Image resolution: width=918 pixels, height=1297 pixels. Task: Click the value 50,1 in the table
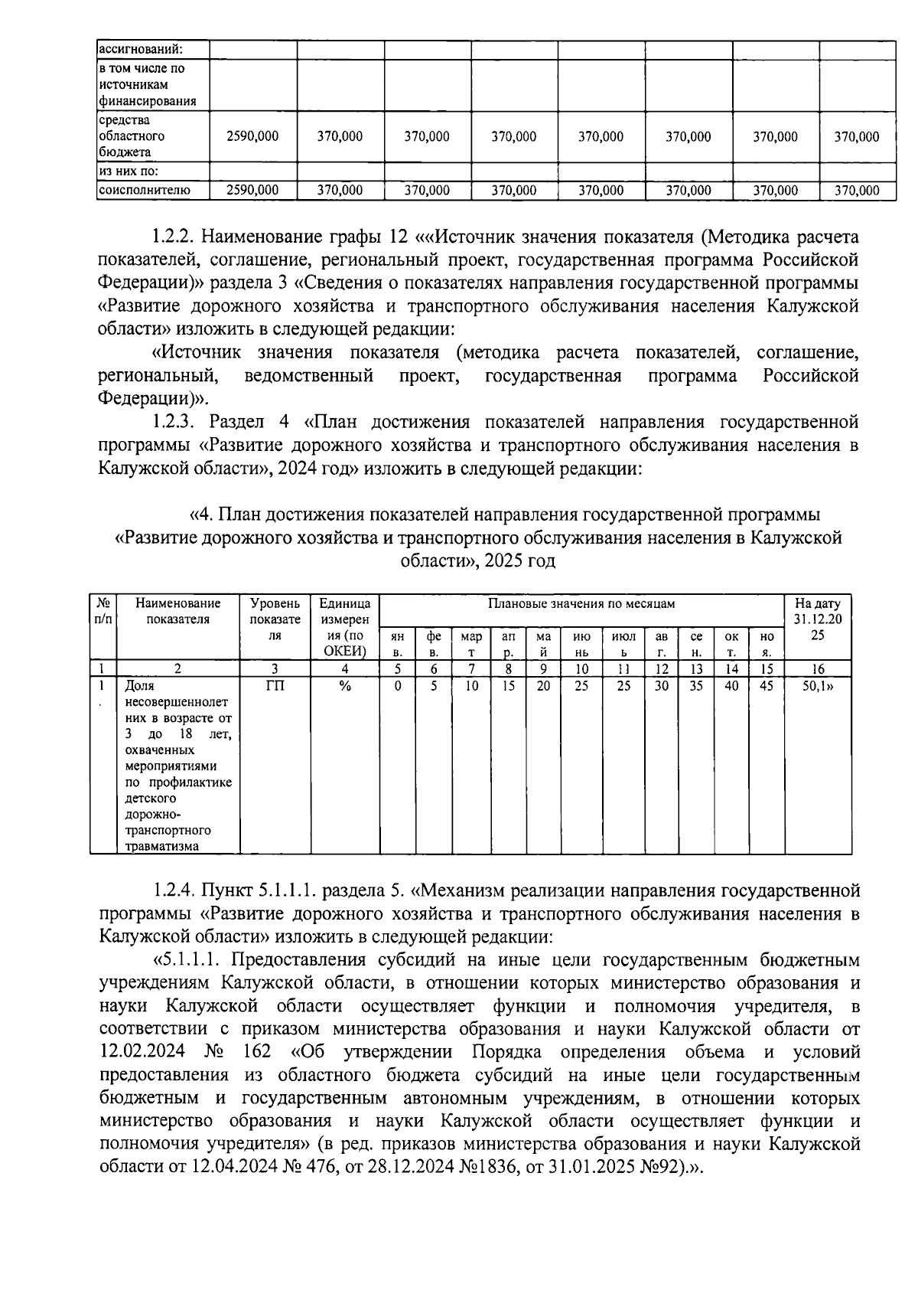click(816, 686)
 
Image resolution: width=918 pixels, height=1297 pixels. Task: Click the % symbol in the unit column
click(344, 686)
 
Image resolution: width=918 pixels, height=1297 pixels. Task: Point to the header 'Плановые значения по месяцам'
click(581, 603)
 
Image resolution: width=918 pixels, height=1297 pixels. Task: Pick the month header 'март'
click(472, 644)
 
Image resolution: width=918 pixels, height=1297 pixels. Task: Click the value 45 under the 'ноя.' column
click(767, 686)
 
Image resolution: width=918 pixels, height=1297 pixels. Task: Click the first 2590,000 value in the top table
click(252, 137)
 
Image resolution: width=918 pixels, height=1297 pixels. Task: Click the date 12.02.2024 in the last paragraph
click(142, 1052)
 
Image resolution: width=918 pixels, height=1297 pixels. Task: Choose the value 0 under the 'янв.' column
click(398, 686)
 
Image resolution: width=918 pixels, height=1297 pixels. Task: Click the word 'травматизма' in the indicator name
click(161, 846)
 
